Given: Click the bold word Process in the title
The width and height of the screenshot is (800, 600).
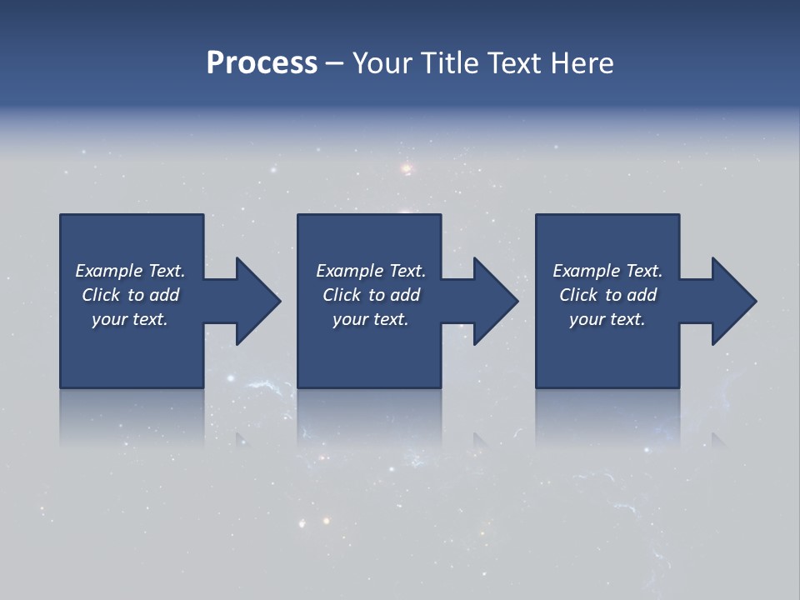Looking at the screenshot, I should pos(262,63).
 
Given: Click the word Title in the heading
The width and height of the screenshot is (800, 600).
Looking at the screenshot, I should pos(448,63).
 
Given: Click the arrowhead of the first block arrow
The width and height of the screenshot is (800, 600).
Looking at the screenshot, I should pos(256,301).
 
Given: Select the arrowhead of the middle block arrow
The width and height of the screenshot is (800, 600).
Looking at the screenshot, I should pos(493,301).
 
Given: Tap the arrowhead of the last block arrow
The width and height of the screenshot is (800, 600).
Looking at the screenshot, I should pos(732,301).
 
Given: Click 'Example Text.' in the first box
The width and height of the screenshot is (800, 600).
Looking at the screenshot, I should pos(130,271).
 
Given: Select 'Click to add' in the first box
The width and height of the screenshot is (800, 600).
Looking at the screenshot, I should pos(130,295).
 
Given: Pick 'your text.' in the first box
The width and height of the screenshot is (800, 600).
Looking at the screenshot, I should pos(130,319).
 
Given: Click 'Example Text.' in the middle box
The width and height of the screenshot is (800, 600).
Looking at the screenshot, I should pos(371,271).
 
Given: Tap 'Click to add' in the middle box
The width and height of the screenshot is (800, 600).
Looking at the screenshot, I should pos(371,295).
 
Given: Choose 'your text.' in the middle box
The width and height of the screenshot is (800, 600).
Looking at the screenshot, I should pos(371,319).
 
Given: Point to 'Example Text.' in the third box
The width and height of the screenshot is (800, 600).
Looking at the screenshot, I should pos(607,271).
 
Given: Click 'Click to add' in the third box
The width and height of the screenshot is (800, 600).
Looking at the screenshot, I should pos(607,295).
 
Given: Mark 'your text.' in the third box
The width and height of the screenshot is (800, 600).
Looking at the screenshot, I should pos(607,319).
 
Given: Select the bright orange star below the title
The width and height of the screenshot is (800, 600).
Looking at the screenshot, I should pos(407,169).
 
